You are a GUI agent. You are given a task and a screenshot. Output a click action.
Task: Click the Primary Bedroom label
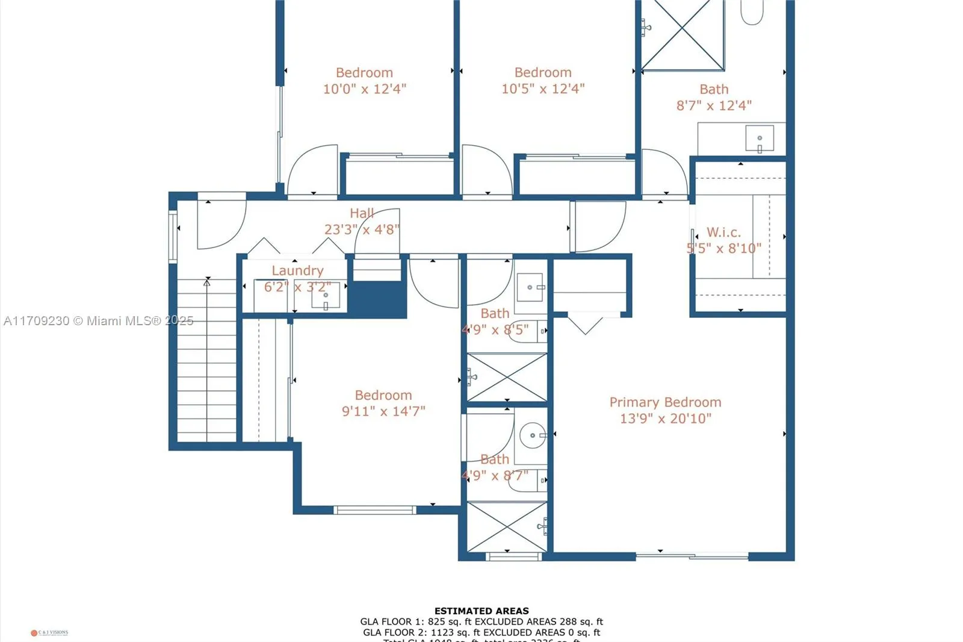click(x=665, y=402)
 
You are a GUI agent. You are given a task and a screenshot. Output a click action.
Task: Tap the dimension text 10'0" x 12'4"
click(x=365, y=89)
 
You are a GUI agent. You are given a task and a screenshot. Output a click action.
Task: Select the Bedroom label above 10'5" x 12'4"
click(x=543, y=73)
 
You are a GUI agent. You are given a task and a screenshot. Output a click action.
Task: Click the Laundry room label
click(x=297, y=271)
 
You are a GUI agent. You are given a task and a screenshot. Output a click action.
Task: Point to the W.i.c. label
click(x=723, y=232)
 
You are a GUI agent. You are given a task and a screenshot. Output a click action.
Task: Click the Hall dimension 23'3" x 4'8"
click(x=362, y=229)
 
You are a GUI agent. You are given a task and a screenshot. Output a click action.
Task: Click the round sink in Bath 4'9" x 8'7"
click(x=532, y=435)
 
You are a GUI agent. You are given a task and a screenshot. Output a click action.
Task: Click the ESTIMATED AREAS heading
click(x=482, y=611)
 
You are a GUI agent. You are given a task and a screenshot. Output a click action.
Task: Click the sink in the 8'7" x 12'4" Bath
click(x=759, y=139)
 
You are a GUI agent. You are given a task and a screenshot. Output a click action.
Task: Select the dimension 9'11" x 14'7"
click(x=383, y=411)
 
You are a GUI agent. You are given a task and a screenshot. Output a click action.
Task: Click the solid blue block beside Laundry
click(x=379, y=299)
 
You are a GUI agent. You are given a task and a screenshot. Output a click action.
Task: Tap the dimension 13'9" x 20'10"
click(x=666, y=419)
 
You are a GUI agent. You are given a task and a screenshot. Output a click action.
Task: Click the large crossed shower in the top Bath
click(x=683, y=35)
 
